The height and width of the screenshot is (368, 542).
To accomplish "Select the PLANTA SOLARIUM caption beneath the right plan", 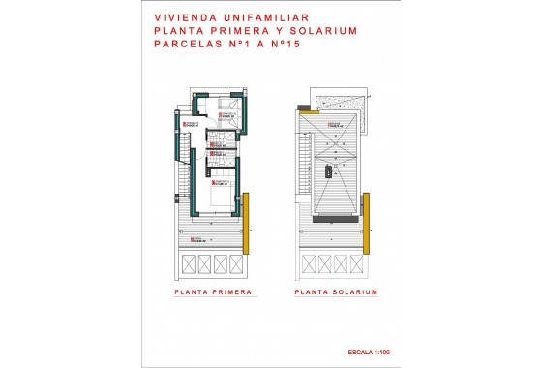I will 336,291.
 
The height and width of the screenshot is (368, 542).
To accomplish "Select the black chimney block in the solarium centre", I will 328,170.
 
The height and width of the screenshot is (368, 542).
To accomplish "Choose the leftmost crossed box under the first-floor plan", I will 187,264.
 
